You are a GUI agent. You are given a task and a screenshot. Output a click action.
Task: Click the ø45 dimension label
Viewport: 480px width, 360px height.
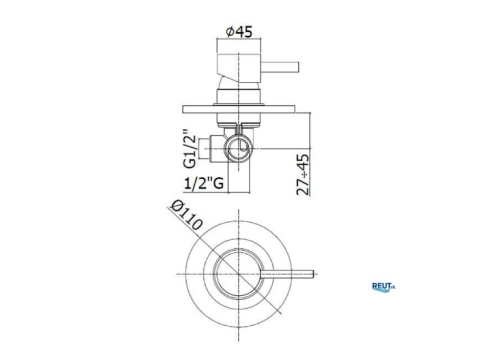click(x=239, y=31)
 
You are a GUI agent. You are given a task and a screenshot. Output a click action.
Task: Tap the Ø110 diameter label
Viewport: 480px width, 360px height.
click(x=187, y=215)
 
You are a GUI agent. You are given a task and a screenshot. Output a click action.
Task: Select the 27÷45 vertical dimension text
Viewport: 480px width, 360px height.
click(x=303, y=174)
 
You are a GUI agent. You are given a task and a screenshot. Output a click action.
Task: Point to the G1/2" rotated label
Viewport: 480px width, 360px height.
click(x=190, y=149)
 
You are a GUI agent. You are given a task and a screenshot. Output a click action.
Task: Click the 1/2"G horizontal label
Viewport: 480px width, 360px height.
click(x=204, y=183)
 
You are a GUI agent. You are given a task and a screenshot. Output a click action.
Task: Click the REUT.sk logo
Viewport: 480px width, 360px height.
click(x=384, y=287)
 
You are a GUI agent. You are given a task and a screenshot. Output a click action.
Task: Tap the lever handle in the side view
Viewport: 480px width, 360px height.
click(x=280, y=68)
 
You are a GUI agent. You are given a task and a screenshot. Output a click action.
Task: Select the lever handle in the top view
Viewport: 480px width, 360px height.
click(x=287, y=274)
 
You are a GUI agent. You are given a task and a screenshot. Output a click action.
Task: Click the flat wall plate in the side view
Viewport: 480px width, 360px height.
click(x=239, y=109)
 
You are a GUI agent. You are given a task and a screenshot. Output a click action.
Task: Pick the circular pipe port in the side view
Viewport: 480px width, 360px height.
click(x=239, y=149)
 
